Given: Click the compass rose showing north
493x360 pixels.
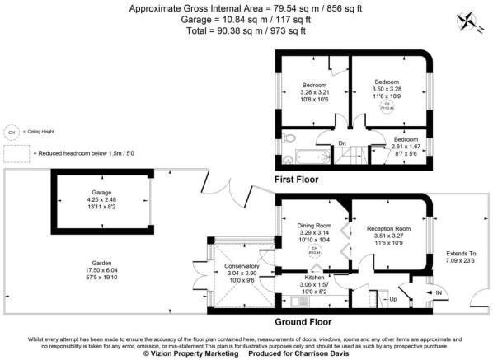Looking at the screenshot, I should pyautogui.click(x=472, y=17).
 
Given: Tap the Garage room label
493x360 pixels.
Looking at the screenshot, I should pyautogui.click(x=101, y=198).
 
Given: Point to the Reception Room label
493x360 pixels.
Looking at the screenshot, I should pyautogui.click(x=390, y=234).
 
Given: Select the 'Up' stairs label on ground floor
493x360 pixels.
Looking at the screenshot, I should pyautogui.click(x=392, y=299).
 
